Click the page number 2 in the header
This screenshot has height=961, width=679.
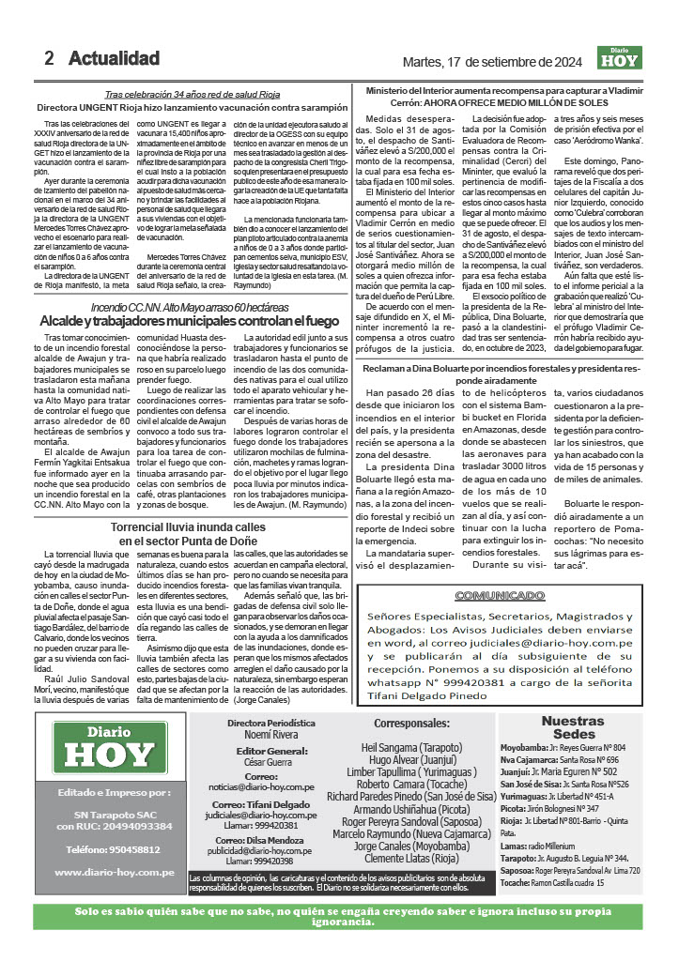click(x=49, y=58)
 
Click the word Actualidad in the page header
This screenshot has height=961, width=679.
click(x=114, y=58)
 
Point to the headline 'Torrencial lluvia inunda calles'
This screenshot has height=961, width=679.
click(x=189, y=527)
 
